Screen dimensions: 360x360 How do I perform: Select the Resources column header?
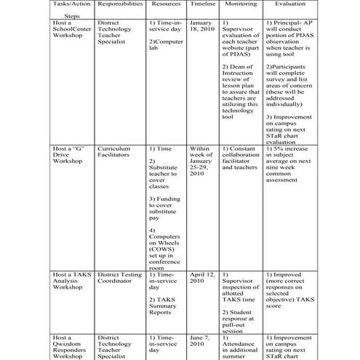pyautogui.click(x=167, y=4)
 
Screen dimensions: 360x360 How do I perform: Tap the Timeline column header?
pyautogui.click(x=203, y=4)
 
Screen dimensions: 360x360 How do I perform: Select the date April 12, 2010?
pyautogui.click(x=203, y=280)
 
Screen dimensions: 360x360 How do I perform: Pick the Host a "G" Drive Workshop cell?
pyautogui.click(x=70, y=154)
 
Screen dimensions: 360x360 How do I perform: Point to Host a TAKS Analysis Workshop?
pyautogui.click(x=70, y=280)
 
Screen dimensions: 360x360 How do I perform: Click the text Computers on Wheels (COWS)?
pyautogui.click(x=164, y=246)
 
